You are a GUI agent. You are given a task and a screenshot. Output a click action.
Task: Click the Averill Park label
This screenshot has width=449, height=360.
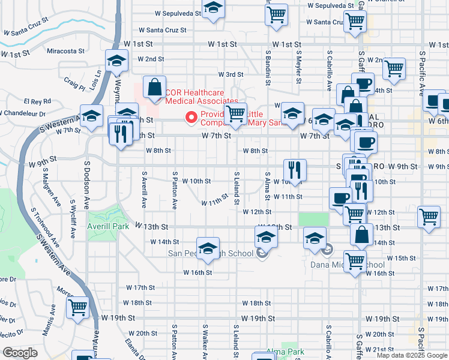coord(108,227)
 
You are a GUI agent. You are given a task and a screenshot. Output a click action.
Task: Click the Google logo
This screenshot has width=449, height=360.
coord(20,353)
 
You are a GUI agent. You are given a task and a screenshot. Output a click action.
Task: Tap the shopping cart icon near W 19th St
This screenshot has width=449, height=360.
coord(78,308)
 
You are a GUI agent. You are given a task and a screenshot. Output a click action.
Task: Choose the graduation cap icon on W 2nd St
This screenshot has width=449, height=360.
coord(116,60)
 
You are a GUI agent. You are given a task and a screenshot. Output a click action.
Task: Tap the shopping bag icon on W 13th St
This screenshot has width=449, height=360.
coord(363,235)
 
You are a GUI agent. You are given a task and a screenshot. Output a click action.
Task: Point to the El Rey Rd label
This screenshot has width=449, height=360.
coord(38,102)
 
